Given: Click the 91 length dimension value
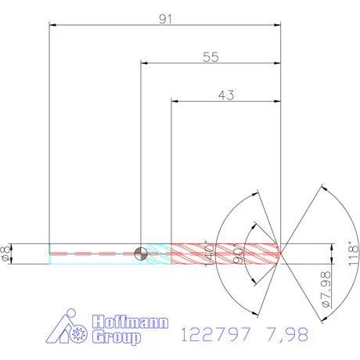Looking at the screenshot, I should [165, 19].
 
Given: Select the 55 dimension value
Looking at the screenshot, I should [211, 57].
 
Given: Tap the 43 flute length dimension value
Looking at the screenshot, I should [226, 95].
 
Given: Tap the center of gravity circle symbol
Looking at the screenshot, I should [140, 253].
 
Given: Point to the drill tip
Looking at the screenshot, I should [281, 253].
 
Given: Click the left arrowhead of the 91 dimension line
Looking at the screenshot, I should [52, 26].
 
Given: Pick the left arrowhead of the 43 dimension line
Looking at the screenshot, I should [175, 102].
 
